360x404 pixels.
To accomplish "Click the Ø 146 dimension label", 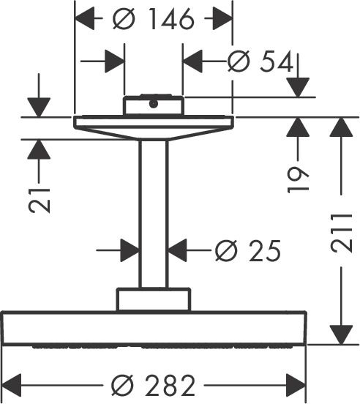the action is tap(153, 18).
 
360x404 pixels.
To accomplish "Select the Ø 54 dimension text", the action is tap(260, 61).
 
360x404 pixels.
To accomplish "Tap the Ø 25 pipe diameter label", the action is tap(248, 250).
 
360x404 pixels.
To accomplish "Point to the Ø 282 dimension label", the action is tap(153, 386).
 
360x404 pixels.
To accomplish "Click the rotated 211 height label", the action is tap(341, 233).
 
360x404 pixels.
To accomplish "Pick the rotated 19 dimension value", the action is tap(298, 180).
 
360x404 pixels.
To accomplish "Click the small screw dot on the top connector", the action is tap(154, 104).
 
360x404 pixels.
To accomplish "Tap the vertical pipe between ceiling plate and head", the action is tap(154, 214).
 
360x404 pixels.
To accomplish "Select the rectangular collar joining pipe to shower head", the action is tap(154, 299).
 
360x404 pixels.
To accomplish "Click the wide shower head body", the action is tap(154, 328).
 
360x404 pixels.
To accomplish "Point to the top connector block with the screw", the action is tap(154, 105).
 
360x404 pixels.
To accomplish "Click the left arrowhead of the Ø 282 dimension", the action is tap(11, 386).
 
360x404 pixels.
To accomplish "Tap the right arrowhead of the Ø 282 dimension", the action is tap(296, 386).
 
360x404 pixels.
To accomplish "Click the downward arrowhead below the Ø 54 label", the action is tap(298, 88).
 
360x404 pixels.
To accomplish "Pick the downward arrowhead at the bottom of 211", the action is tap(341, 334).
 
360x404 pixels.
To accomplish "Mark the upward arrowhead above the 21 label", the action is tap(39, 149).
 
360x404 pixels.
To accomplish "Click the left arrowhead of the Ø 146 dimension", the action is tap(84, 18).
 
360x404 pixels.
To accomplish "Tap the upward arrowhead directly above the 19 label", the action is tap(298, 127).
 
